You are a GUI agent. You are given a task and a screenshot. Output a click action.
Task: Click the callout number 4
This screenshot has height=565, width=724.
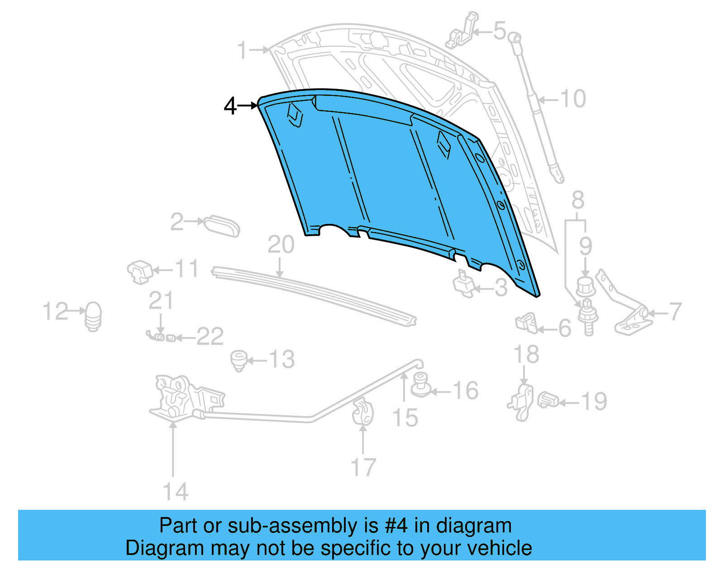(x=230, y=106)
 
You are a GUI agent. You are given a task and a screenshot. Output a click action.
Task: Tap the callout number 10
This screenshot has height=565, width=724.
(x=573, y=99)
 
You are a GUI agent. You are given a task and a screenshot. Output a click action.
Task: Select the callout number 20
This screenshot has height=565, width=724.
(x=281, y=245)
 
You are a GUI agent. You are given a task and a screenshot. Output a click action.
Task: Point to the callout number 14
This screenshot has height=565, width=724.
(x=175, y=492)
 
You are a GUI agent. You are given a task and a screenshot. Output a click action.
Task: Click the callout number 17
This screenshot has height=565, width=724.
(x=363, y=467)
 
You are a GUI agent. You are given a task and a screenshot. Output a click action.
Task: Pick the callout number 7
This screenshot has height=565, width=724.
(x=675, y=312)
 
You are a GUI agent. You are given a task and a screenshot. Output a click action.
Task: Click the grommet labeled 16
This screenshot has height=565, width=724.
(x=421, y=385)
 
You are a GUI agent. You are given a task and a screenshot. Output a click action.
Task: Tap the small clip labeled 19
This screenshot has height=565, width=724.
(x=548, y=399)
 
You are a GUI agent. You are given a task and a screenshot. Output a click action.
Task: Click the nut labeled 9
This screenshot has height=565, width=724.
(x=585, y=286)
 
